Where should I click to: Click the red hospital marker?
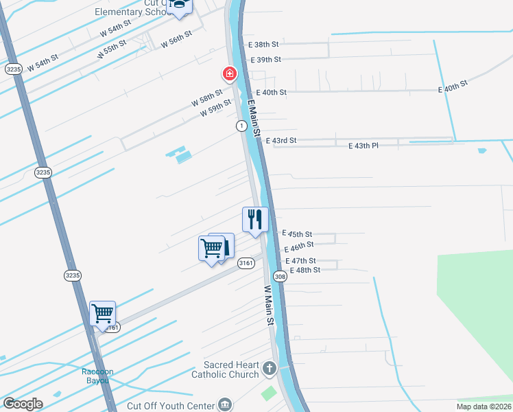(228, 73)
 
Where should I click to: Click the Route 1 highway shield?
(241, 126)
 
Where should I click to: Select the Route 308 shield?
(279, 276)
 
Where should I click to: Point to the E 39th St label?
(265, 60)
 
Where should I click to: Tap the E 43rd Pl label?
(363, 146)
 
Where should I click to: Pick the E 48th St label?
(305, 270)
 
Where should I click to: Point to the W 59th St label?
(215, 108)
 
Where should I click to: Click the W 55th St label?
(112, 48)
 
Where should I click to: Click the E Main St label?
(252, 117)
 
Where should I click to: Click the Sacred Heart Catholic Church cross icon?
(269, 369)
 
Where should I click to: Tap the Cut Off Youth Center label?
(171, 405)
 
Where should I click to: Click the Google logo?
(23, 404)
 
